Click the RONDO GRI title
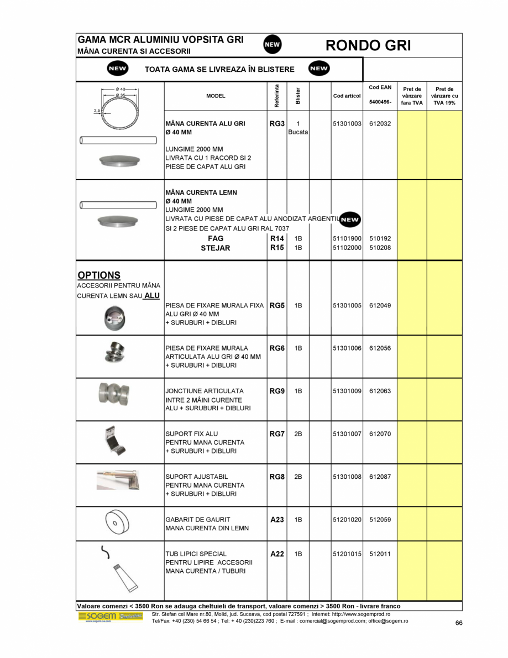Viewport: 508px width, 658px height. coord(368,45)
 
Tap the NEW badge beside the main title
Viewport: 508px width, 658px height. coord(272,45)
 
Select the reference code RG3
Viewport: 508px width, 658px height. coord(277,124)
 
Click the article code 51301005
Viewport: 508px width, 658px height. coord(347,305)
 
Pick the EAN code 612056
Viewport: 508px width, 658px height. coord(380,348)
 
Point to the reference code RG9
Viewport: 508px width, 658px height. coord(277,391)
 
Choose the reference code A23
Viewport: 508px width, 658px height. coord(277,520)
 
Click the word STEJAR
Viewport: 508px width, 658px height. coord(215,248)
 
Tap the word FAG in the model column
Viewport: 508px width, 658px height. coord(216,238)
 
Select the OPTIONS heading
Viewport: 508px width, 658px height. coord(99,275)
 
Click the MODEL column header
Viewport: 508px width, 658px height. coord(216,96)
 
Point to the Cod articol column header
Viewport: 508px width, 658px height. coord(347,96)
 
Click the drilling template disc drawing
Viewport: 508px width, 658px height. coord(117,522)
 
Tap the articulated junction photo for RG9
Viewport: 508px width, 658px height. coord(116,393)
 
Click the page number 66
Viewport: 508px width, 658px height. coord(459,623)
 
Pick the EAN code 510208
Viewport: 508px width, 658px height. coord(380,248)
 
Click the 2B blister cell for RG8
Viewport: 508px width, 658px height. coord(298,477)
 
